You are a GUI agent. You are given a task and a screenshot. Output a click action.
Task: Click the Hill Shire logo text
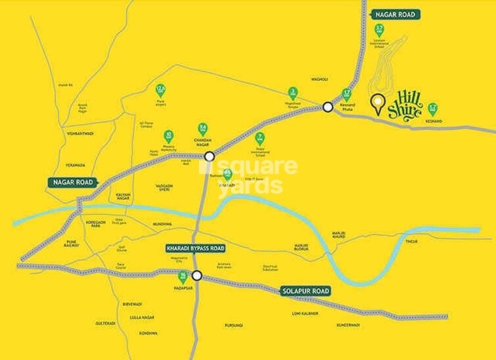405,104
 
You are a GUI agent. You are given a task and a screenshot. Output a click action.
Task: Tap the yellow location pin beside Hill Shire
377,104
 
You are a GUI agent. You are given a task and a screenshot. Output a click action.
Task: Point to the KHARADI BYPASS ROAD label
194,249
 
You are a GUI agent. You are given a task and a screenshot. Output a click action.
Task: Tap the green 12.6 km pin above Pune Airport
160,90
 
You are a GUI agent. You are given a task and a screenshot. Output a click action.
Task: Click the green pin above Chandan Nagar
204,129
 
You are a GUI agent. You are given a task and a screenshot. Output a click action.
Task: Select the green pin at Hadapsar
183,277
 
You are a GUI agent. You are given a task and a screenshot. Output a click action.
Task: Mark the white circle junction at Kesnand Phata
328,106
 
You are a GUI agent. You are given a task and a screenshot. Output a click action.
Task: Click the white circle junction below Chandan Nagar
209,156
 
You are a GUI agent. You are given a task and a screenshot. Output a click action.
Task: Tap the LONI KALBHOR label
305,313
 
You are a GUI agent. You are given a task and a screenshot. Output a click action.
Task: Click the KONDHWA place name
148,333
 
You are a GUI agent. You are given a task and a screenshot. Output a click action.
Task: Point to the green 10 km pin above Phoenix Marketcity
169,136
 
